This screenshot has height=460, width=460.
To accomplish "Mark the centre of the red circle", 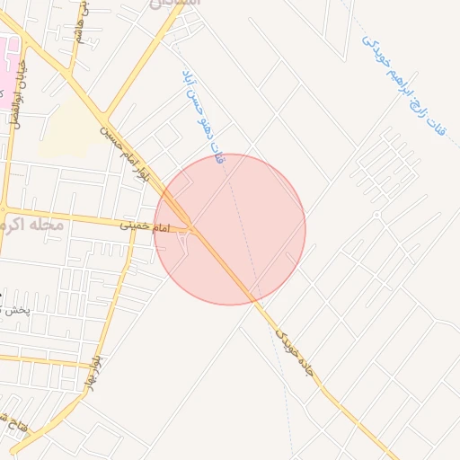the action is (230, 229).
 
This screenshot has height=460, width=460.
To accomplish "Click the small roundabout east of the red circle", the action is (376, 215).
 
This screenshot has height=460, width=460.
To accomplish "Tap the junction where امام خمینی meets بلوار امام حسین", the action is (191, 226).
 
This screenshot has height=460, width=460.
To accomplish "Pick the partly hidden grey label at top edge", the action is (174, 4).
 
